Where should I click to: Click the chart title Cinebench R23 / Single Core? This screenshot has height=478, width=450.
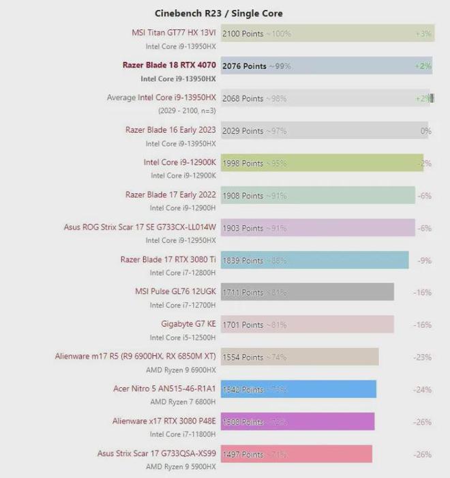pos(218,13)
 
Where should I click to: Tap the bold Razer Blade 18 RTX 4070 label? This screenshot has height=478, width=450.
pos(169,65)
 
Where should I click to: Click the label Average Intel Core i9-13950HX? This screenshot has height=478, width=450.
pos(161,98)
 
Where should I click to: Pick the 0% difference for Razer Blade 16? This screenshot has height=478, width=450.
pos(425,131)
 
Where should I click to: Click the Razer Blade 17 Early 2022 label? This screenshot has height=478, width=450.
pos(170,195)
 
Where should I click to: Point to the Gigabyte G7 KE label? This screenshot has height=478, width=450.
pos(188,325)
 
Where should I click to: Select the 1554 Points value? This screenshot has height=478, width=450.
pos(243,357)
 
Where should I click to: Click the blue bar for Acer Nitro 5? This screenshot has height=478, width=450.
pos(327,389)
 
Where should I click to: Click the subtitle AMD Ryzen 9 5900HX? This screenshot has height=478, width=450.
pos(181,467)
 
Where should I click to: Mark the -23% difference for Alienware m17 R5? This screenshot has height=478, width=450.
pos(422,357)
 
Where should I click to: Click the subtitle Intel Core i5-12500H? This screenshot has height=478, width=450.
pos(183,338)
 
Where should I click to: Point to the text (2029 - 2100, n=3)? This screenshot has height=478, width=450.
pos(187,110)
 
